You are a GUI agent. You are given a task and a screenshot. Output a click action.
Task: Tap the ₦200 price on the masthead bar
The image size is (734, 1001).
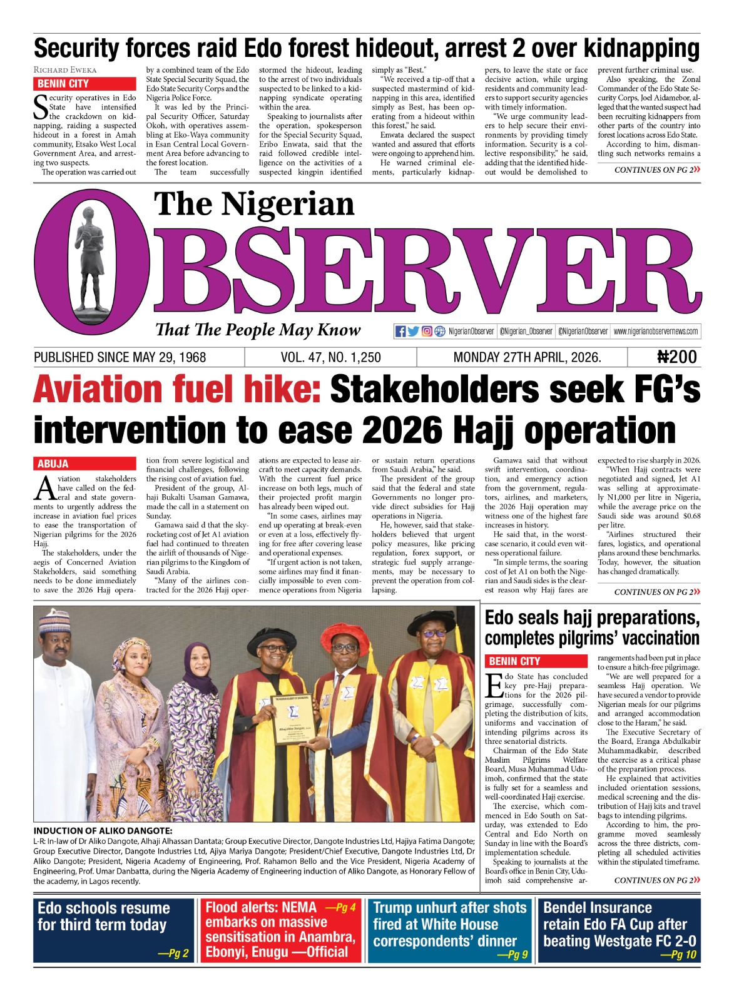676,357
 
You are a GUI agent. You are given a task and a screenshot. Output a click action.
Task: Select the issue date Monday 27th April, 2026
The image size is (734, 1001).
527,357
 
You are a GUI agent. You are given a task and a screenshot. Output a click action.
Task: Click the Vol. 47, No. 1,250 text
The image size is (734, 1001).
330,357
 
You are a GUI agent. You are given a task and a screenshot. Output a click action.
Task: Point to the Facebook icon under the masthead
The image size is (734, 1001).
400,332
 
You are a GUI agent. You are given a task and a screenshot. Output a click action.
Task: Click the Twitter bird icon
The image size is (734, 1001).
413,332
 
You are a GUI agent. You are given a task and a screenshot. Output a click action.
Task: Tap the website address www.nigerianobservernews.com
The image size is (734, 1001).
655,332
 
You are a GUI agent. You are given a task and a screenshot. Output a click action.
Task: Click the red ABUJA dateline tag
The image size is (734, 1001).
53,464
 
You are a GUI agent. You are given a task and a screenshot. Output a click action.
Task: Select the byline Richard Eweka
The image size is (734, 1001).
65,70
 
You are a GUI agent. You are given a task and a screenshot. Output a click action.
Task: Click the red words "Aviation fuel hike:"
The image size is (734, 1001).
177,390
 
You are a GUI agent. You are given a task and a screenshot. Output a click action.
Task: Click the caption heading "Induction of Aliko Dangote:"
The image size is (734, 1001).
103,831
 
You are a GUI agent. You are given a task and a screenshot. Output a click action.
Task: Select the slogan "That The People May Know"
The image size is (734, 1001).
258,330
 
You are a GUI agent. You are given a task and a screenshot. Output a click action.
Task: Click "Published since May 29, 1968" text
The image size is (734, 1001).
120,357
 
